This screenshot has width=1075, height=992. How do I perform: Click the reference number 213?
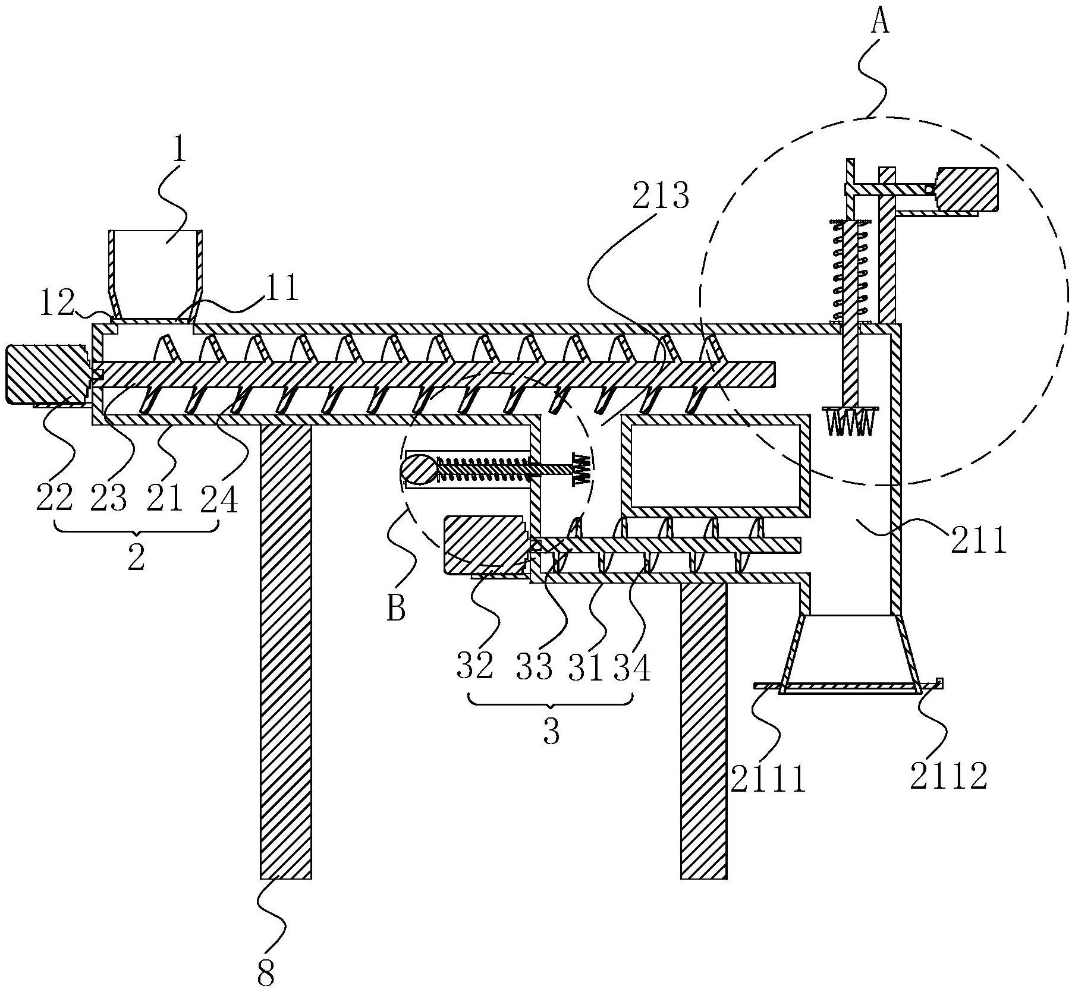tap(661, 196)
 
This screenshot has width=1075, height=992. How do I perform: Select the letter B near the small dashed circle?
tap(396, 609)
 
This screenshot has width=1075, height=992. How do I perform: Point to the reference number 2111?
tap(768, 779)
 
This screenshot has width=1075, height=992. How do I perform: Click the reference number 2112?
tap(948, 775)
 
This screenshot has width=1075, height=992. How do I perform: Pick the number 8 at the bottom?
tap(267, 973)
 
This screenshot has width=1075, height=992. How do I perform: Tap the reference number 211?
tap(979, 541)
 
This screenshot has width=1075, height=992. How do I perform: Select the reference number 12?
tap(58, 303)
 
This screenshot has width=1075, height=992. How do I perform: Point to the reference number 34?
tap(632, 667)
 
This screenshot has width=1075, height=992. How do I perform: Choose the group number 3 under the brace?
tap(552, 732)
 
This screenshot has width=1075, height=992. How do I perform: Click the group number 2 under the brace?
tap(136, 558)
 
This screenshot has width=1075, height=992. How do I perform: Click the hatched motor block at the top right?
tap(966, 190)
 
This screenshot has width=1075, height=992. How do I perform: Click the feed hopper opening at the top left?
tap(156, 275)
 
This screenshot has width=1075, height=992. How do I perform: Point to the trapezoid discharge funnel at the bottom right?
tap(848, 653)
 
